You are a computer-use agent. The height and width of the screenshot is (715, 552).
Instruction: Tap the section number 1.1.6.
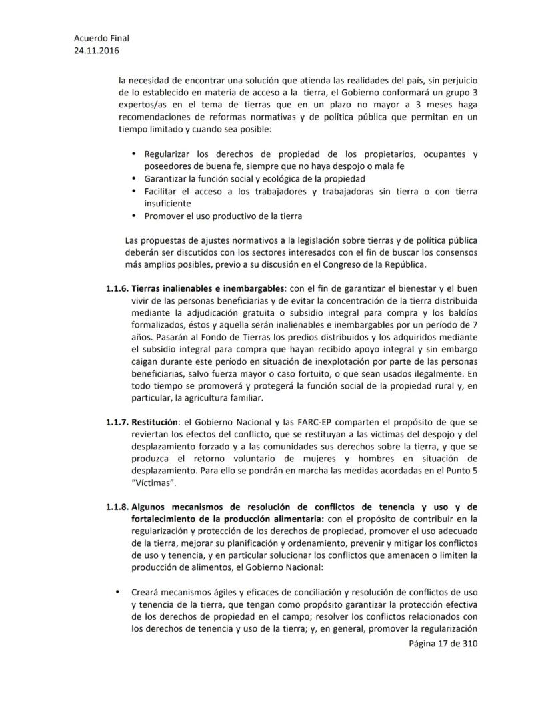117,288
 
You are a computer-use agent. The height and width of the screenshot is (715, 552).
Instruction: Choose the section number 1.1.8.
117,507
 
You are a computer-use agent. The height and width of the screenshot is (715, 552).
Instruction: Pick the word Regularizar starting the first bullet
169,154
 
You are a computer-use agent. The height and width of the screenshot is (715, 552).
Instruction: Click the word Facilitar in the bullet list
162,192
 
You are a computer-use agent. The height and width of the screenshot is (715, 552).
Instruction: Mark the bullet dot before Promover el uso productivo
135,216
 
